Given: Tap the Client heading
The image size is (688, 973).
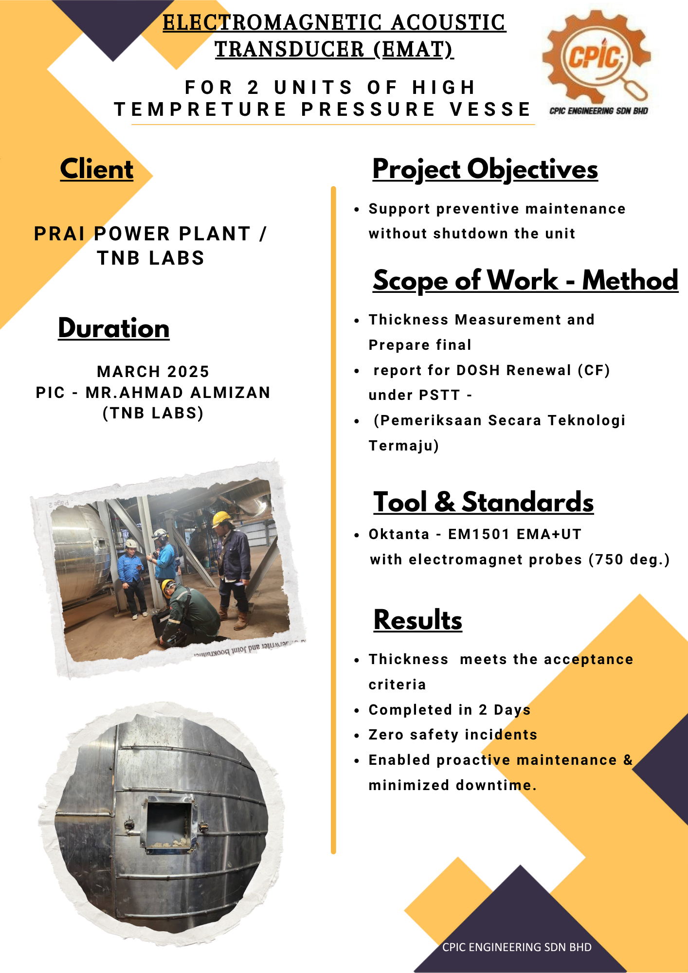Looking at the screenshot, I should click(x=96, y=169).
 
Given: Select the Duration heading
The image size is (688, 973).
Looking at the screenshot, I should click(x=114, y=328).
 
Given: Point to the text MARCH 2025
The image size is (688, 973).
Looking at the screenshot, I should click(x=153, y=372).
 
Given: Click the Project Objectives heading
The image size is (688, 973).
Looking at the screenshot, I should click(x=485, y=169).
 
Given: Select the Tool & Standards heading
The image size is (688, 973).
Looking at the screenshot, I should click(x=483, y=502).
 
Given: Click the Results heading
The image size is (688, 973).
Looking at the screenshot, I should click(x=417, y=620).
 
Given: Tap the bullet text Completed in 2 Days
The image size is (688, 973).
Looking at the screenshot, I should click(x=449, y=710).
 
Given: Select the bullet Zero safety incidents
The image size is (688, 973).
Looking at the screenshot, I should click(x=453, y=735).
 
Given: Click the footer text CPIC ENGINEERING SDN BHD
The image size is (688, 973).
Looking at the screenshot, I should click(x=517, y=947).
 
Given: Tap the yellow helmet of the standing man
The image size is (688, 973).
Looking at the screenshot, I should click(x=221, y=518).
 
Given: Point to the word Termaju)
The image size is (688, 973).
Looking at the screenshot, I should click(x=404, y=446).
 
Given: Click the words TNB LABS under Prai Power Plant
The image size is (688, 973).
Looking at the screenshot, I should click(x=151, y=258).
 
